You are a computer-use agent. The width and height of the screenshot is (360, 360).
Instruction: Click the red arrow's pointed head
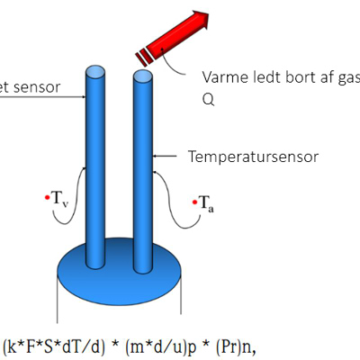coord(200,19)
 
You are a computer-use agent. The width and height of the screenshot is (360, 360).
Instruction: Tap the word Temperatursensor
coord(253,157)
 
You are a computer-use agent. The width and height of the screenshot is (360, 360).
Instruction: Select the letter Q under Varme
coord(208,99)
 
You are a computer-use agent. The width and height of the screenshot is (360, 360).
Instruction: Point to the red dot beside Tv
coord(47,197)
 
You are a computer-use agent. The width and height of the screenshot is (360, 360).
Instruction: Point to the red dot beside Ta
coord(194,202)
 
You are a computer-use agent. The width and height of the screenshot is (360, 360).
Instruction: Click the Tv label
coord(60,199)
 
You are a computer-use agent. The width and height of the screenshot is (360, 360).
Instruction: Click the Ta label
coord(207,203)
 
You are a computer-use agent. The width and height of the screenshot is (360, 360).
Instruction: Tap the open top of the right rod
coord(143,76)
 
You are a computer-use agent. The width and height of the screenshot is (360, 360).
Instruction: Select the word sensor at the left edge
coord(37,87)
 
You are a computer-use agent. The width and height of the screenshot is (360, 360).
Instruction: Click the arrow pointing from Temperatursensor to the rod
coord(165,156)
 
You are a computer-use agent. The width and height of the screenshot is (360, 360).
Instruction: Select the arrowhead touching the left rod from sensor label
coord(84,97)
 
